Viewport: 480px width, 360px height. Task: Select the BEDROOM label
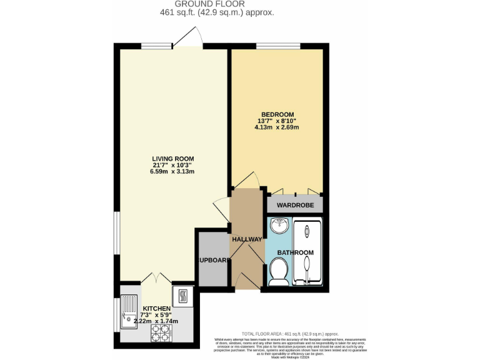click(277, 114)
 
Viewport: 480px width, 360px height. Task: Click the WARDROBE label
click(295, 204)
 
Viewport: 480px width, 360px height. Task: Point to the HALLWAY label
click(247, 239)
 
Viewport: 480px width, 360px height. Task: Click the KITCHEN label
click(156, 309)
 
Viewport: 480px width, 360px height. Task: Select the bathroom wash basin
click(279, 224)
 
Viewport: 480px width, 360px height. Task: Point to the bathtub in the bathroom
click(307, 252)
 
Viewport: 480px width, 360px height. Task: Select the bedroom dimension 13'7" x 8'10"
click(277, 121)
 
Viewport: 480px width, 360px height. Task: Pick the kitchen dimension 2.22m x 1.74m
click(156, 321)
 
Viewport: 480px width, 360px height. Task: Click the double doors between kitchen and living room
click(156, 279)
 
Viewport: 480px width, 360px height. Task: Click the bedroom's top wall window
click(276, 46)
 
